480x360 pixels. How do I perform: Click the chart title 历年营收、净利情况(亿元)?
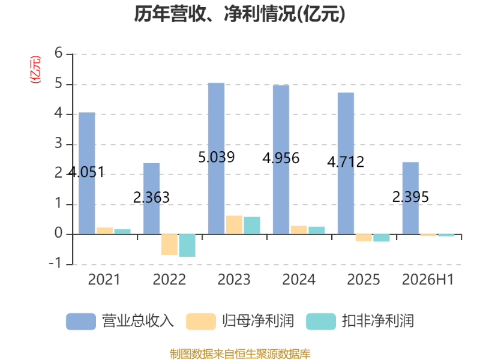click(x=239, y=14)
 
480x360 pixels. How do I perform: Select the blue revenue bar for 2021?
click(x=87, y=173)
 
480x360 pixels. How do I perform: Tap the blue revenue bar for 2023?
click(x=216, y=158)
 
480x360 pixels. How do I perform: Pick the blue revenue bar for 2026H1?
click(x=410, y=199)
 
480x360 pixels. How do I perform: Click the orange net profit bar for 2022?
click(x=169, y=245)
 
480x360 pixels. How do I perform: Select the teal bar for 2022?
click(x=187, y=245)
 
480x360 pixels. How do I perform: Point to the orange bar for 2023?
click(x=234, y=225)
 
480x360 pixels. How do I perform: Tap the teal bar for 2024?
click(x=317, y=230)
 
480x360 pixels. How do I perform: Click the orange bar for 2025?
click(x=364, y=238)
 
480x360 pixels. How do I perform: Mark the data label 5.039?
click(x=217, y=157)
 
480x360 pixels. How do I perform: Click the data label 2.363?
click(x=152, y=197)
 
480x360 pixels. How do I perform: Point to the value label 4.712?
click(x=346, y=161)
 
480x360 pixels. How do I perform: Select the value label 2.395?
click(x=410, y=197)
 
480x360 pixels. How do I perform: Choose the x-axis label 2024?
click(x=299, y=280)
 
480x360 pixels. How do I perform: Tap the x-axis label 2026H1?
click(x=428, y=280)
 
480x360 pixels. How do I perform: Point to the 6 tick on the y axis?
click(x=58, y=53)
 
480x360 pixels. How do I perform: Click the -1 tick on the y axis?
click(x=55, y=263)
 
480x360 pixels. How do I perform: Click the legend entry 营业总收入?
click(x=120, y=321)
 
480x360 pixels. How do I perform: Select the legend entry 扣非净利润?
click(x=360, y=321)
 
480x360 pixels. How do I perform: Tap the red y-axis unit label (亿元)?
click(x=35, y=70)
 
